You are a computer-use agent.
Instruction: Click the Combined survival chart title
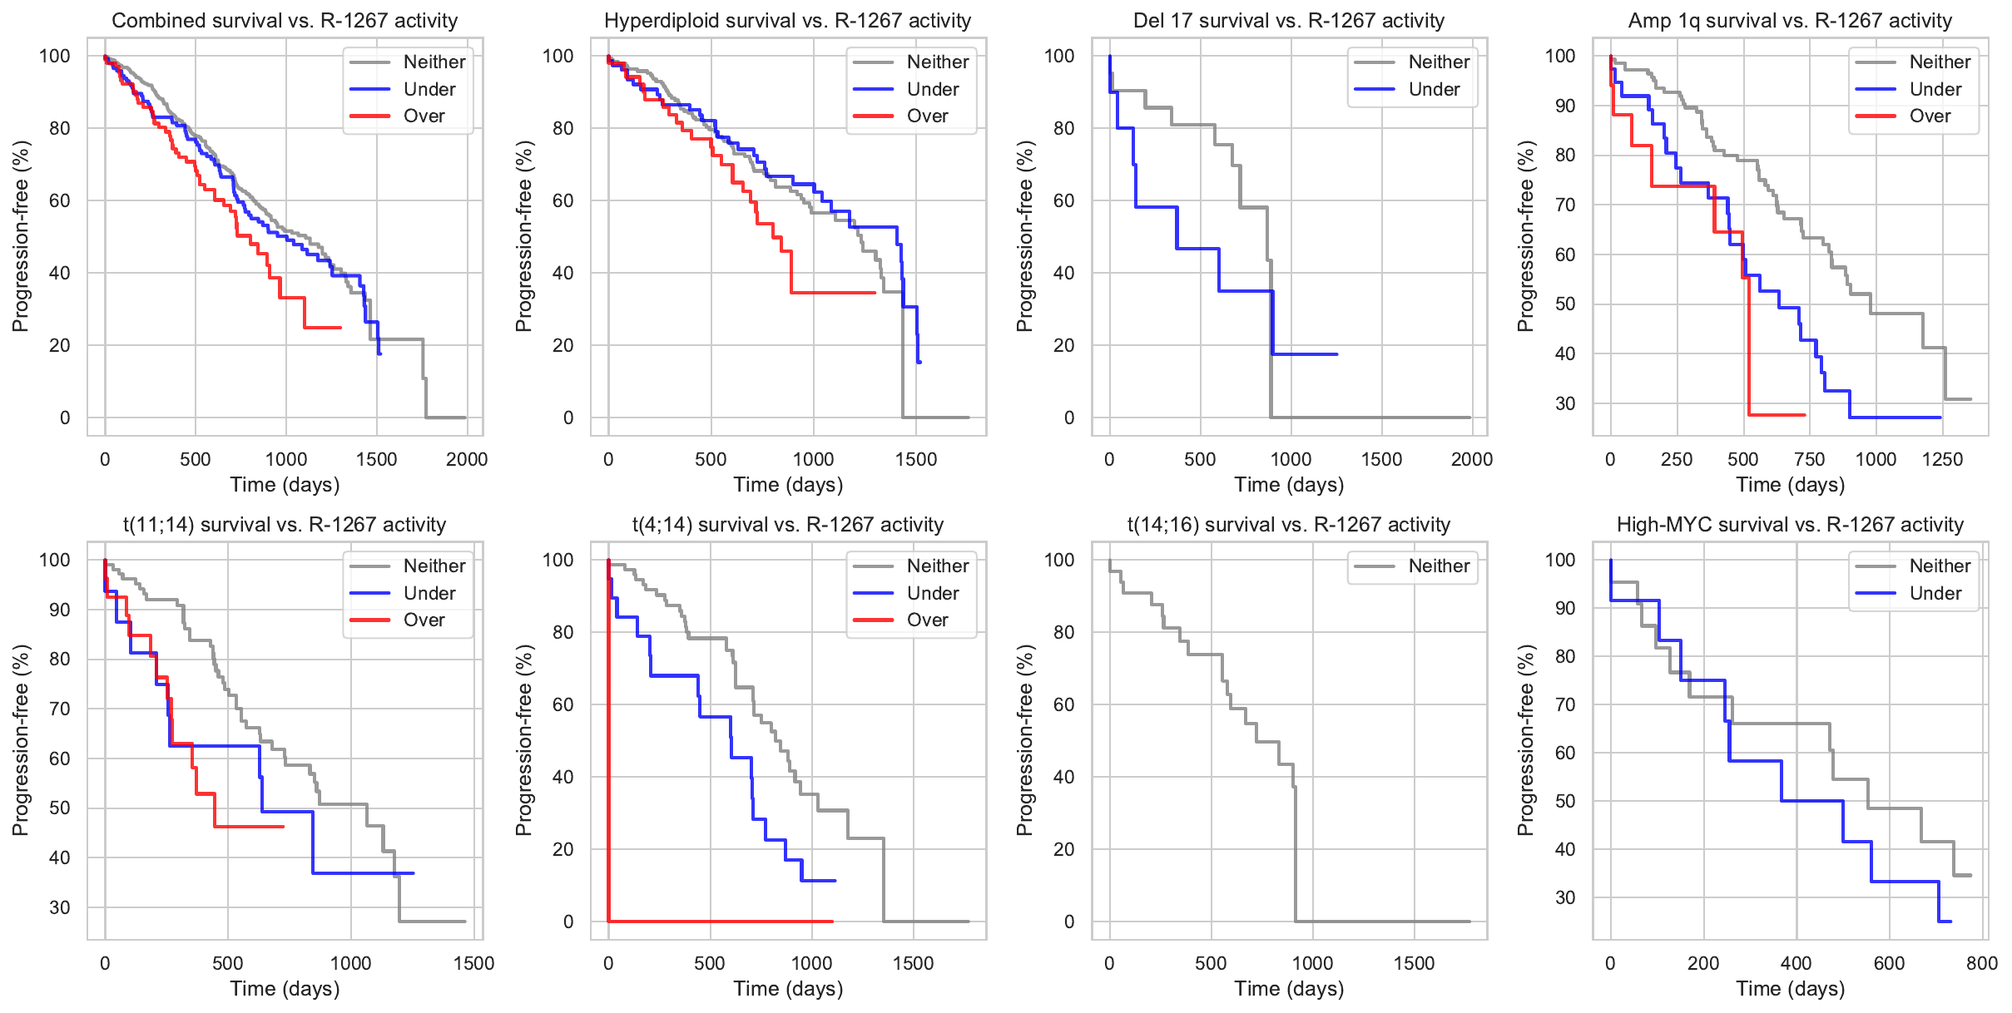pos(285,21)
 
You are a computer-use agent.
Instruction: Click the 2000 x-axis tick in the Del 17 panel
pos(1471,459)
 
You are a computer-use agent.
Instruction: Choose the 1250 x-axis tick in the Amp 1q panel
pos(1942,459)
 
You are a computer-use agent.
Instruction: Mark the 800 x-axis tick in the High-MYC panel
pos(1981,963)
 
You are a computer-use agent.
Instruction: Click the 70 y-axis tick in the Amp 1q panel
pos(1565,205)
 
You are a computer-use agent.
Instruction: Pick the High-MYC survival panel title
pos(1790,525)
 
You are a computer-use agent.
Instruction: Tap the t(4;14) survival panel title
pos(787,525)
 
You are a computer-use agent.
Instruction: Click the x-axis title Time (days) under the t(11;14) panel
pos(285,989)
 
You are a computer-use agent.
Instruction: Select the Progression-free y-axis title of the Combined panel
pos(21,236)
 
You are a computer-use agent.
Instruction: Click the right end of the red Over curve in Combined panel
pos(340,328)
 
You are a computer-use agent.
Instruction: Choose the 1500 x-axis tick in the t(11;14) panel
pos(473,963)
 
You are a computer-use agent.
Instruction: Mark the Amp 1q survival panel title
pos(1790,21)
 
